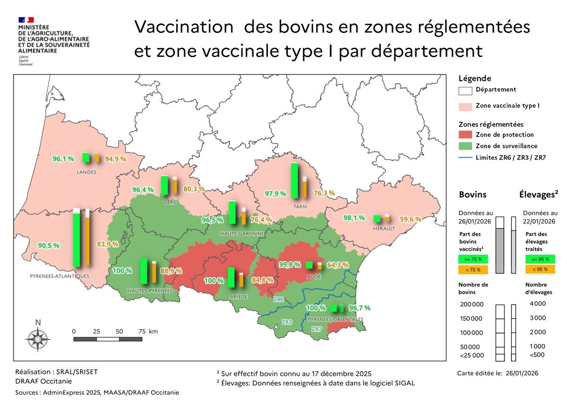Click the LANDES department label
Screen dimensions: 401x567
pos(86,172)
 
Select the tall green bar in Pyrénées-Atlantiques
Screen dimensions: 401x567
pos(77,239)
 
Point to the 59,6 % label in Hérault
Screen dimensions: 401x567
pos(411,219)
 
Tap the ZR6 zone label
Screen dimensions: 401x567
pos(278,299)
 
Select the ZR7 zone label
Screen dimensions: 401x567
pos(317,329)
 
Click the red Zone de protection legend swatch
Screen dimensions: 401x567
pos(465,135)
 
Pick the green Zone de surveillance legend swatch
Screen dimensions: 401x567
pos(465,146)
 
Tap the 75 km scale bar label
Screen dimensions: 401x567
pos(147,332)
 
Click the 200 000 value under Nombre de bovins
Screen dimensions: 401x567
pos(472,304)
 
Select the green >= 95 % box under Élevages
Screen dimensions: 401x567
pos(540,259)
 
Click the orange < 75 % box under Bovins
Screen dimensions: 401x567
pos(473,270)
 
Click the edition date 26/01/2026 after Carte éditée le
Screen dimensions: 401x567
pos(522,373)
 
